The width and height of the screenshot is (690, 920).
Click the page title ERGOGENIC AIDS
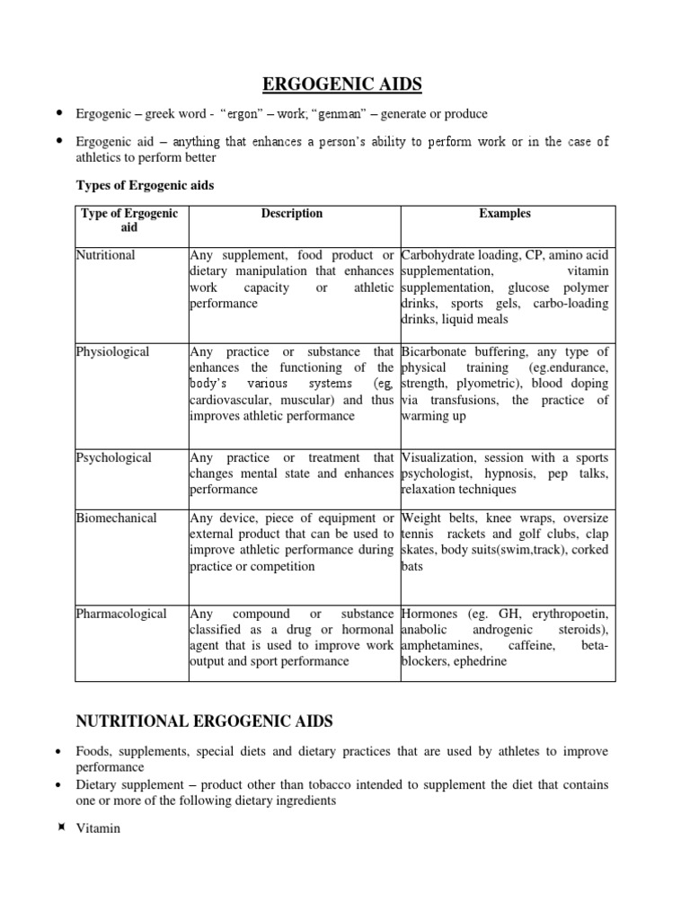click(x=341, y=85)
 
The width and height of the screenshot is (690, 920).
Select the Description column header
click(x=292, y=214)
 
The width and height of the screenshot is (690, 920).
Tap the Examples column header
click(x=504, y=214)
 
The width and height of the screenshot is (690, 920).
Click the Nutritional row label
click(x=106, y=255)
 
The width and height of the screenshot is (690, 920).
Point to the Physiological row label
click(x=113, y=351)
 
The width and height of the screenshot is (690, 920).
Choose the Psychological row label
click(x=114, y=457)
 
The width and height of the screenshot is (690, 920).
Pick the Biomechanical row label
click(x=117, y=518)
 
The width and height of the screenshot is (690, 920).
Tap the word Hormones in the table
click(x=432, y=614)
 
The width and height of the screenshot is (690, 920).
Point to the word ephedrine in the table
click(x=480, y=661)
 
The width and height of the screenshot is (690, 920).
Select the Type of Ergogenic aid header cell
click(x=129, y=221)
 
